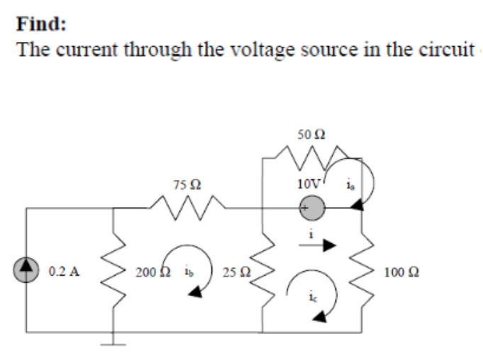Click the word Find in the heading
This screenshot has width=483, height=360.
(x=40, y=23)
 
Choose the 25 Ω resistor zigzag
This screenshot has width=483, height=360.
(x=263, y=269)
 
